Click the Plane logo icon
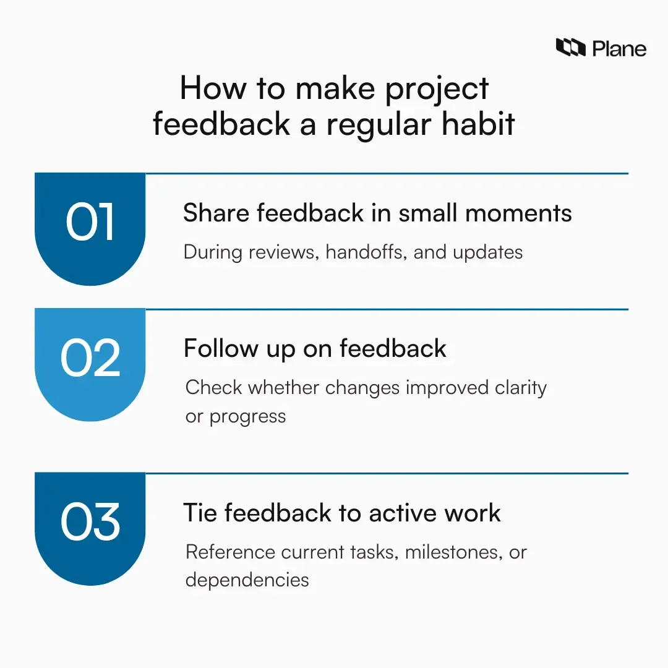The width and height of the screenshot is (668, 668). (570, 48)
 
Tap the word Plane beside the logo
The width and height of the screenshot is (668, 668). (619, 48)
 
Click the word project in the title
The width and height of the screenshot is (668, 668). (437, 90)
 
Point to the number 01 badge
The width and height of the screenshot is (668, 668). (90, 223)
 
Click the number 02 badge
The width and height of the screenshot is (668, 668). (90, 359)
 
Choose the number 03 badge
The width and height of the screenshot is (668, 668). (90, 523)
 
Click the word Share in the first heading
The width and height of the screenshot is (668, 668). (216, 213)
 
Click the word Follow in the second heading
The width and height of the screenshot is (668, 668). (219, 349)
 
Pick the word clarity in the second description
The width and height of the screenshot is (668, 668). (521, 388)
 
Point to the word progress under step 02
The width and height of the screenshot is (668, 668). (247, 417)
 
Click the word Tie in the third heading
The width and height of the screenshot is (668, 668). (200, 513)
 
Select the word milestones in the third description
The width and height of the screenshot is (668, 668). (453, 552)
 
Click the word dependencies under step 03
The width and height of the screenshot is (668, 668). (247, 580)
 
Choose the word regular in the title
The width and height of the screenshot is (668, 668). (370, 124)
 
